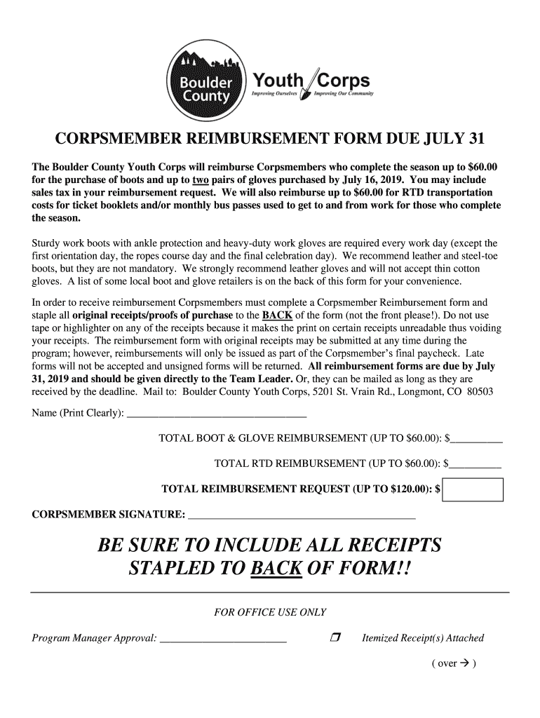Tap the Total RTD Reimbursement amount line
click(x=477, y=463)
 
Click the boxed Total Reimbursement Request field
click(x=473, y=489)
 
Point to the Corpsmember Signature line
click(x=302, y=517)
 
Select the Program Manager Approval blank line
click(x=223, y=638)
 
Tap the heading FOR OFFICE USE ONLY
click(x=270, y=612)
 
